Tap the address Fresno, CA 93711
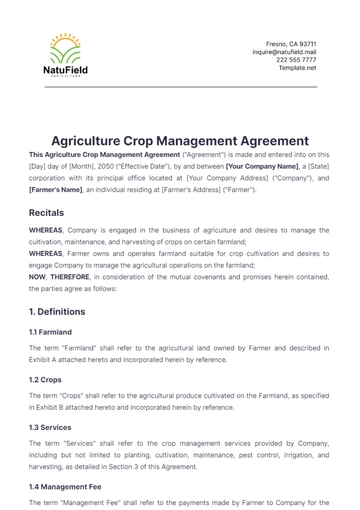tap(291, 44)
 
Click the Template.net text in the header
tap(297, 68)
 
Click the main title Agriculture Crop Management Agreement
tap(180, 142)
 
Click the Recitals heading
tap(47, 213)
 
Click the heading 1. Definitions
tap(66, 311)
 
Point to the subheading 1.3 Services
tap(50, 428)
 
